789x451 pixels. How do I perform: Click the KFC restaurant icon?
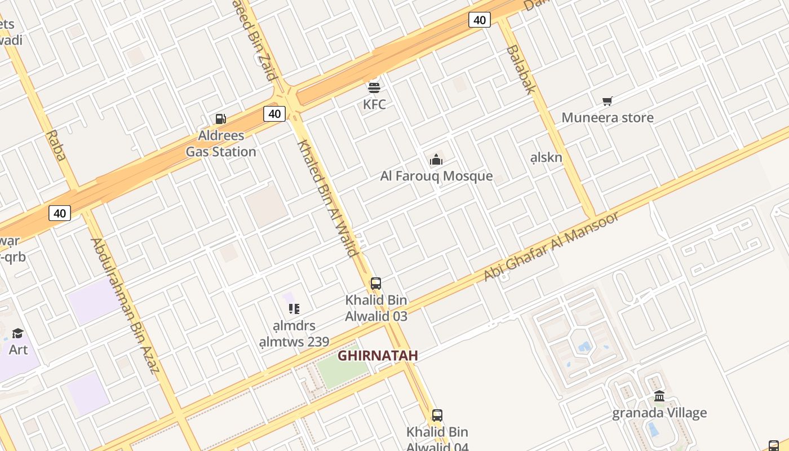374,87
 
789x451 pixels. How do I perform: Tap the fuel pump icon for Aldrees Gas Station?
221,119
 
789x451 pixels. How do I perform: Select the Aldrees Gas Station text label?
221,144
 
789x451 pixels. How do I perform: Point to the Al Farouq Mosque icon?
436,160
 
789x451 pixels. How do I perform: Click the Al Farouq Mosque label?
436,176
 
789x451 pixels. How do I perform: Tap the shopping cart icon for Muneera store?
607,101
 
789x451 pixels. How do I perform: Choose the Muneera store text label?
608,118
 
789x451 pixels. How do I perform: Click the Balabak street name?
520,69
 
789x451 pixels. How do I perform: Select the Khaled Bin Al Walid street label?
327,197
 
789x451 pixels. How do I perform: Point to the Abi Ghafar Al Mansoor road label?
551,246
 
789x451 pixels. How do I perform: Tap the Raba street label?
57,145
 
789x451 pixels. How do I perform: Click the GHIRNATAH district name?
378,356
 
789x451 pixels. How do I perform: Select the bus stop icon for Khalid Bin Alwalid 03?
376,284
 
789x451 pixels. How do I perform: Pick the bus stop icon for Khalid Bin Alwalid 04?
437,415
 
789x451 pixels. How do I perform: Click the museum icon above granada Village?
659,396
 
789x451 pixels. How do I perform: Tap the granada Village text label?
659,413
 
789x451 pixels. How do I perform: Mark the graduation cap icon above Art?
18,333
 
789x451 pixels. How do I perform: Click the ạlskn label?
546,157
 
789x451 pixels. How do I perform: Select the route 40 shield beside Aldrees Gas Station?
274,114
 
